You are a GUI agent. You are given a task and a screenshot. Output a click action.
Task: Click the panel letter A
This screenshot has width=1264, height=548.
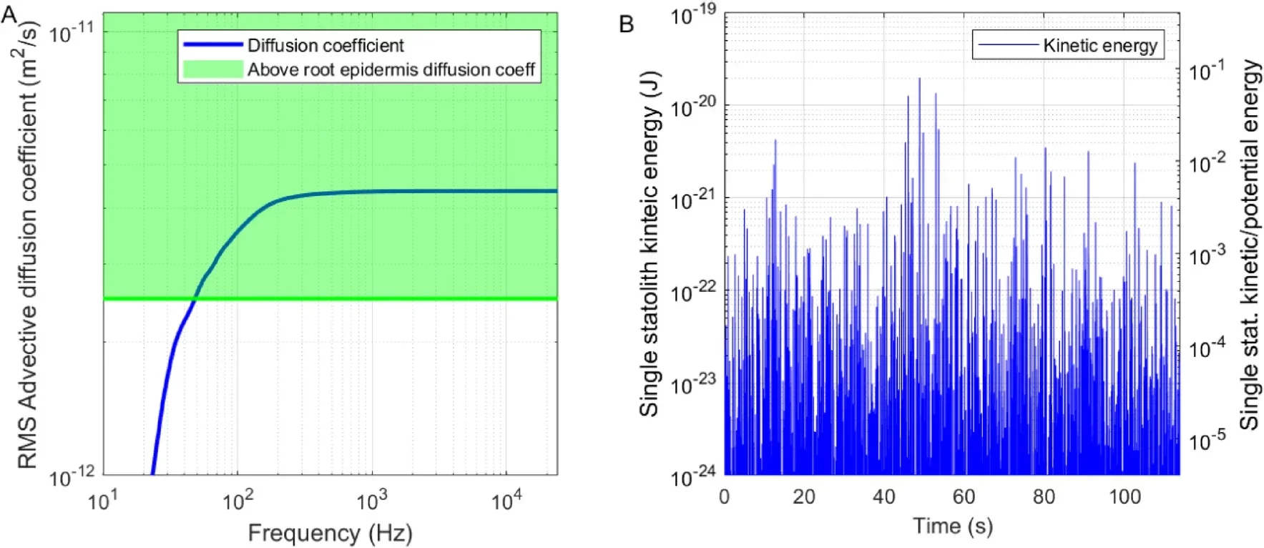point(9,14)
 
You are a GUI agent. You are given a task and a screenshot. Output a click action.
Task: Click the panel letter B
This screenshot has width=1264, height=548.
point(626,24)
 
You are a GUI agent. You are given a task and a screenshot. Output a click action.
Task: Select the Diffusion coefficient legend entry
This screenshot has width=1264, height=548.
point(325,46)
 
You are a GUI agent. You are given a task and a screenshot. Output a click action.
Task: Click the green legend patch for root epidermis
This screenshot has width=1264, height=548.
point(212,69)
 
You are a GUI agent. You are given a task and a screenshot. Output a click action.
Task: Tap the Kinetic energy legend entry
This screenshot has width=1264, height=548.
point(1099,46)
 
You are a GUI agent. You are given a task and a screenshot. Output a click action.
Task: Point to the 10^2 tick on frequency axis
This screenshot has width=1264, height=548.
point(237,501)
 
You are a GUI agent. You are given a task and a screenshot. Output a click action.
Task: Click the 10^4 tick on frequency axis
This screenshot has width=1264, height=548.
point(506,501)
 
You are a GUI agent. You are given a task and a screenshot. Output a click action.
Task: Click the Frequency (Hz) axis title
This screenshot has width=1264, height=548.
point(330,533)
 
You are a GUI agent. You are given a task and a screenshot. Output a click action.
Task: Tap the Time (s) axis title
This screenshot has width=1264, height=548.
point(952,526)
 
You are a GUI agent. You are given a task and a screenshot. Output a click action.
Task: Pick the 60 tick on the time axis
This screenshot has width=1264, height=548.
point(964,496)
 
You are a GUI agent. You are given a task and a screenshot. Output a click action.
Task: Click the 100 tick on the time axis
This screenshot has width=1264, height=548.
point(1124,496)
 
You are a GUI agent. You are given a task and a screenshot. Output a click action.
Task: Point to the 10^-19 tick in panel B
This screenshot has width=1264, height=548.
point(692,14)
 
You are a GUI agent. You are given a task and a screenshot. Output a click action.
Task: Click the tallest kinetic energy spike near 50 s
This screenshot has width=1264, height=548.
point(919,79)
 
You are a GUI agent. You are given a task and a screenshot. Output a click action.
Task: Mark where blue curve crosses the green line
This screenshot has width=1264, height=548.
point(195,298)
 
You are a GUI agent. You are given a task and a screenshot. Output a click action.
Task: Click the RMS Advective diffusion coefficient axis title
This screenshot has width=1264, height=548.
point(27,243)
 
